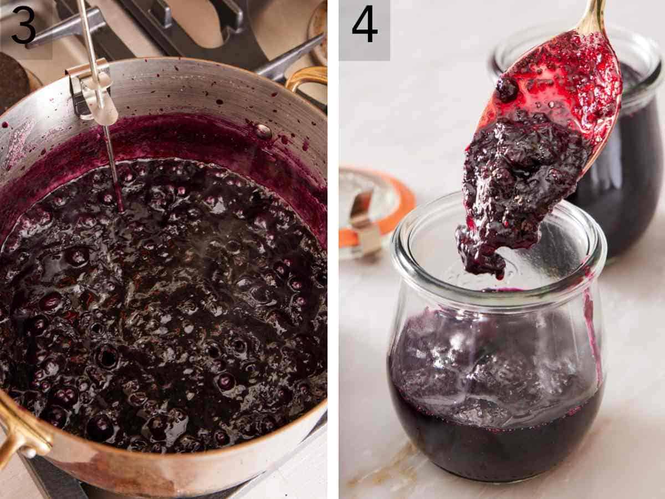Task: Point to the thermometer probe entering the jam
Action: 114,172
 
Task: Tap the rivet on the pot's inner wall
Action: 263,131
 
